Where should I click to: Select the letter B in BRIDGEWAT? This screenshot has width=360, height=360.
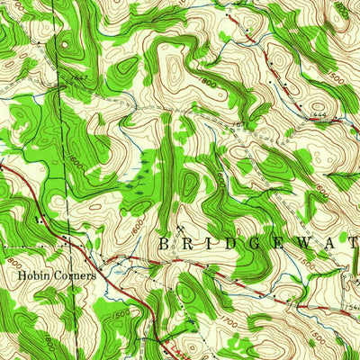pyautogui.click(x=164, y=244)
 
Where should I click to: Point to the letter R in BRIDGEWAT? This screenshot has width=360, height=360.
pyautogui.click(x=188, y=244)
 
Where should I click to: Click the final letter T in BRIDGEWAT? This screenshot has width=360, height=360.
pyautogui.click(x=350, y=244)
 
